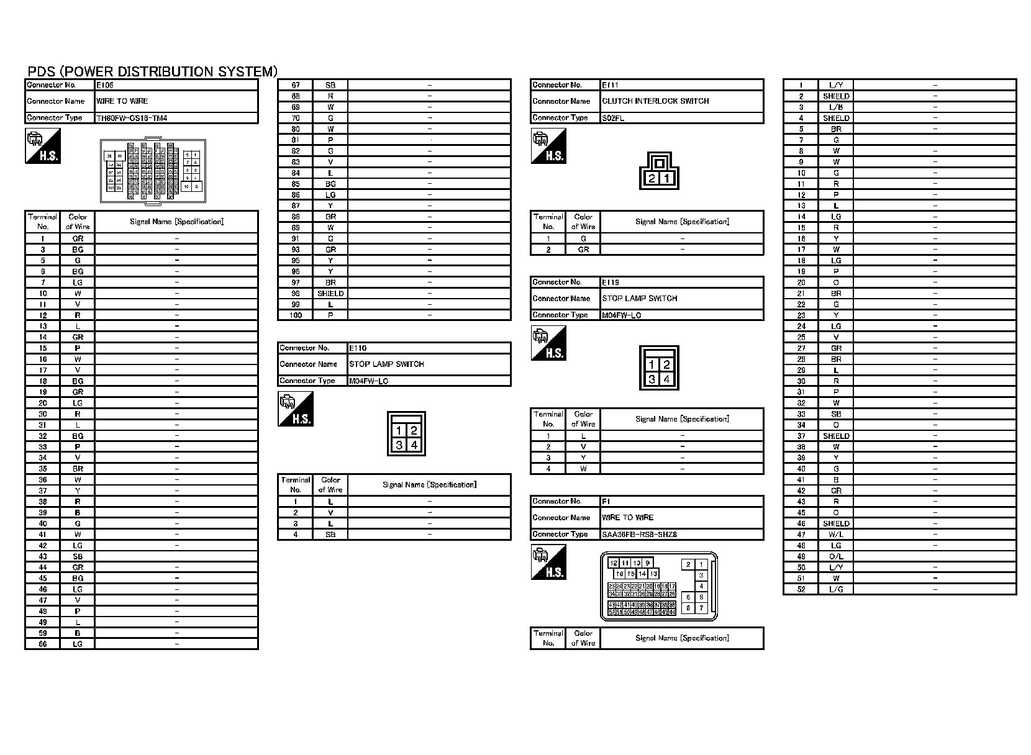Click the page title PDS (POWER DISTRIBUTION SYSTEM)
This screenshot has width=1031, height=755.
click(152, 71)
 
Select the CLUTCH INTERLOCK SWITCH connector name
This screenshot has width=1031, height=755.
click(655, 101)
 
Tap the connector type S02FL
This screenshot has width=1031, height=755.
click(613, 118)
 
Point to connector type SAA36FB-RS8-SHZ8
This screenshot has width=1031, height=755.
click(639, 535)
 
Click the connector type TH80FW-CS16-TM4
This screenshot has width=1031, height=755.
click(132, 118)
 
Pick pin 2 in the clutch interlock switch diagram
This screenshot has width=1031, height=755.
click(652, 179)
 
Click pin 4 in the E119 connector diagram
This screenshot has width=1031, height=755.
click(666, 379)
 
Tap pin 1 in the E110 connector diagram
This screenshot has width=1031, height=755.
click(399, 430)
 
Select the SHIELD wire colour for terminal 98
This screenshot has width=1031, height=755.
click(330, 294)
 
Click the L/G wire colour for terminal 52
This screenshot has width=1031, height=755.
click(836, 589)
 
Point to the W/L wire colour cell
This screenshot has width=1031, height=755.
click(836, 535)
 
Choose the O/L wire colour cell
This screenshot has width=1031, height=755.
click(836, 556)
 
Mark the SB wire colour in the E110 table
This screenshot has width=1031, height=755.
click(330, 535)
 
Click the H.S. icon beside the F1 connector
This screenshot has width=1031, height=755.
click(548, 562)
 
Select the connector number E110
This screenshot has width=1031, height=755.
click(358, 348)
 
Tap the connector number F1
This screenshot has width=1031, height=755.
click(606, 501)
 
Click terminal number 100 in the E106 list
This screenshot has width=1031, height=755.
click(296, 315)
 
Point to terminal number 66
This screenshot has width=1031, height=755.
click(43, 644)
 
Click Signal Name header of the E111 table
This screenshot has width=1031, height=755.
click(682, 222)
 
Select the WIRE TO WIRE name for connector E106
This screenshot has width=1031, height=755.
click(122, 101)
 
